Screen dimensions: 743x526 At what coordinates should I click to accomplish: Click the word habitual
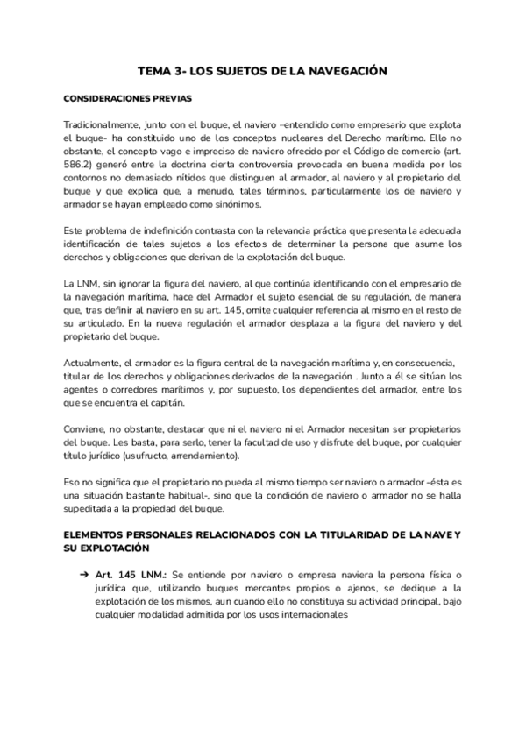[181, 498]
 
